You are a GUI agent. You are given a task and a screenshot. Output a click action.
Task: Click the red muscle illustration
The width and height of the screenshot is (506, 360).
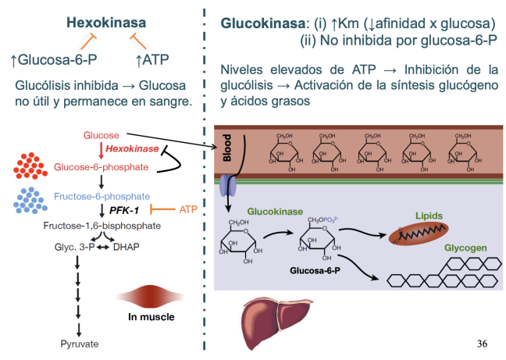point(146,299)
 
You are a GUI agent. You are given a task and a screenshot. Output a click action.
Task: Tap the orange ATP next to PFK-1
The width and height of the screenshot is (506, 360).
point(188,210)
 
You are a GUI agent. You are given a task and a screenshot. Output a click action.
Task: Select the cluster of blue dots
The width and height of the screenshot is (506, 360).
point(31,201)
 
